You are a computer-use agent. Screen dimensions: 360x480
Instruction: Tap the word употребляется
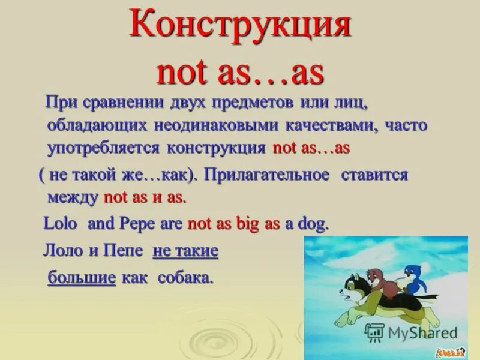point(103,148)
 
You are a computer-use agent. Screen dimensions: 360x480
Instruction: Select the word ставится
point(375,175)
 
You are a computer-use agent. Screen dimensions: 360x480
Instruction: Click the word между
point(72,197)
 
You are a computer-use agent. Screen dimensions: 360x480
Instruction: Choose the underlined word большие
point(82,278)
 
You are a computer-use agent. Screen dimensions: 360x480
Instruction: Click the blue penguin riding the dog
point(412,277)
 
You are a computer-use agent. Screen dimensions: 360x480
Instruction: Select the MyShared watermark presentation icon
point(374,332)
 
